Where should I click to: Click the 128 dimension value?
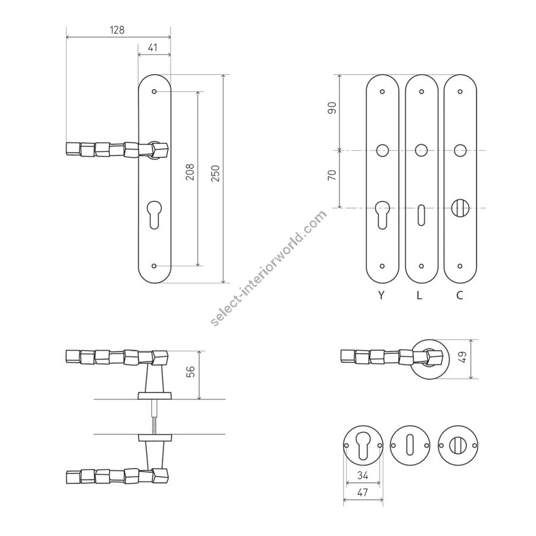117,30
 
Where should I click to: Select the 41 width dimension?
153,48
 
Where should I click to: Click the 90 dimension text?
332,108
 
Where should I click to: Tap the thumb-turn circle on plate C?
460,208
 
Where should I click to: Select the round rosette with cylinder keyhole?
363,446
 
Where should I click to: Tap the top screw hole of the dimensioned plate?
154,92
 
